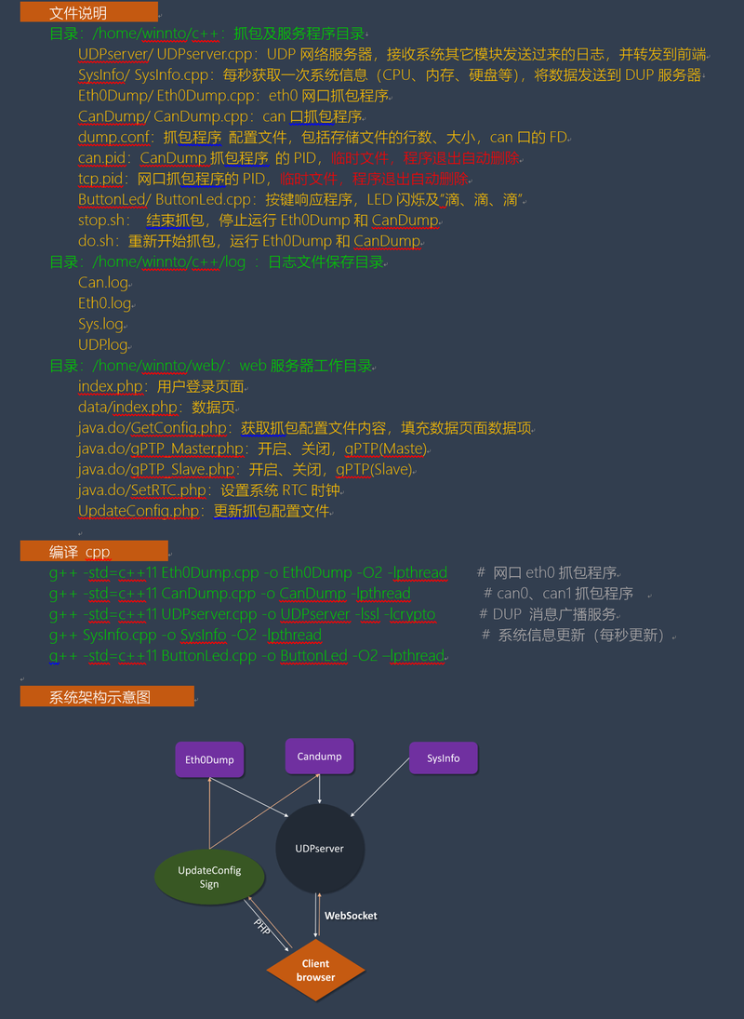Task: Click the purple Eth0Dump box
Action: (209, 759)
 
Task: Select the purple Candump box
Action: (319, 756)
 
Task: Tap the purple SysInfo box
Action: (443, 758)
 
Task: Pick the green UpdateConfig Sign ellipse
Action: (209, 877)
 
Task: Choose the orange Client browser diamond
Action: (315, 970)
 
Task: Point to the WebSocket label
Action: (351, 916)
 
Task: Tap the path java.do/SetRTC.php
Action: (142, 489)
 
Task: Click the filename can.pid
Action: (102, 158)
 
